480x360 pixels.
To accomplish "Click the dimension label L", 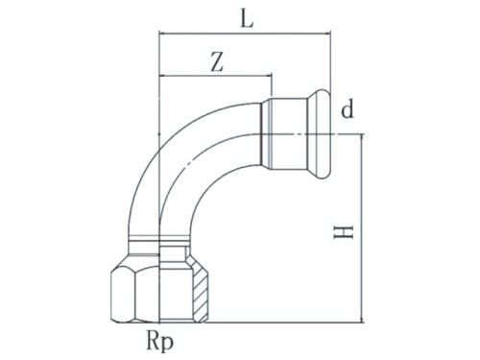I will (x=247, y=18).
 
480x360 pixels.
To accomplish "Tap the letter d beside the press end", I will (x=347, y=110).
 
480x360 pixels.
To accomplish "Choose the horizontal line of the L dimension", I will (x=247, y=36).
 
